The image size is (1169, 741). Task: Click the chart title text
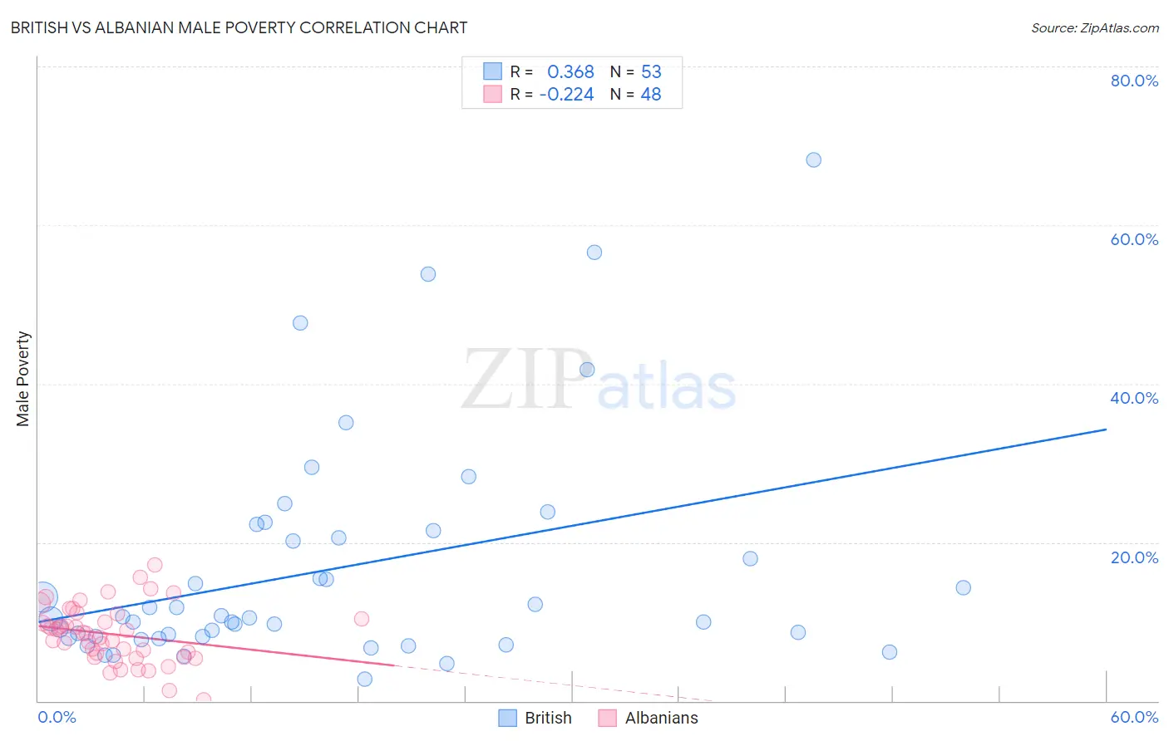239,27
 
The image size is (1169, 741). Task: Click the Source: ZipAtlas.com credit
1094,27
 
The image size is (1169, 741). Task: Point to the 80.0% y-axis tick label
1134,81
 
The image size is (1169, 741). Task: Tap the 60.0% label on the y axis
1134,239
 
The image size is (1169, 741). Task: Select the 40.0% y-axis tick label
1134,398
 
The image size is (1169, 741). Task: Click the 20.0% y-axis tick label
1134,557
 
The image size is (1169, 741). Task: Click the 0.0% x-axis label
57,717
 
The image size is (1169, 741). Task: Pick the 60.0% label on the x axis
1134,717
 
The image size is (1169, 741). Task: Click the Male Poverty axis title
22,379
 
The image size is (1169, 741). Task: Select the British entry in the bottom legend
547,718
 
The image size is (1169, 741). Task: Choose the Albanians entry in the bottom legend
661,718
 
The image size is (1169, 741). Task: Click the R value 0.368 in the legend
570,72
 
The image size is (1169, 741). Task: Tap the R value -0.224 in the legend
566,95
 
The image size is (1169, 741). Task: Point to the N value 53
651,72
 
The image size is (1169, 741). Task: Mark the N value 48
651,95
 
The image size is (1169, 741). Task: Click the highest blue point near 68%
813,159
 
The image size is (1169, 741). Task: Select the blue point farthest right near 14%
963,587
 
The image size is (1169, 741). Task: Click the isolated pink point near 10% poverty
361,618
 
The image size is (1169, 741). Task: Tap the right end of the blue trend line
1106,429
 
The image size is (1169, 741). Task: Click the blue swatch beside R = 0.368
492,71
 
